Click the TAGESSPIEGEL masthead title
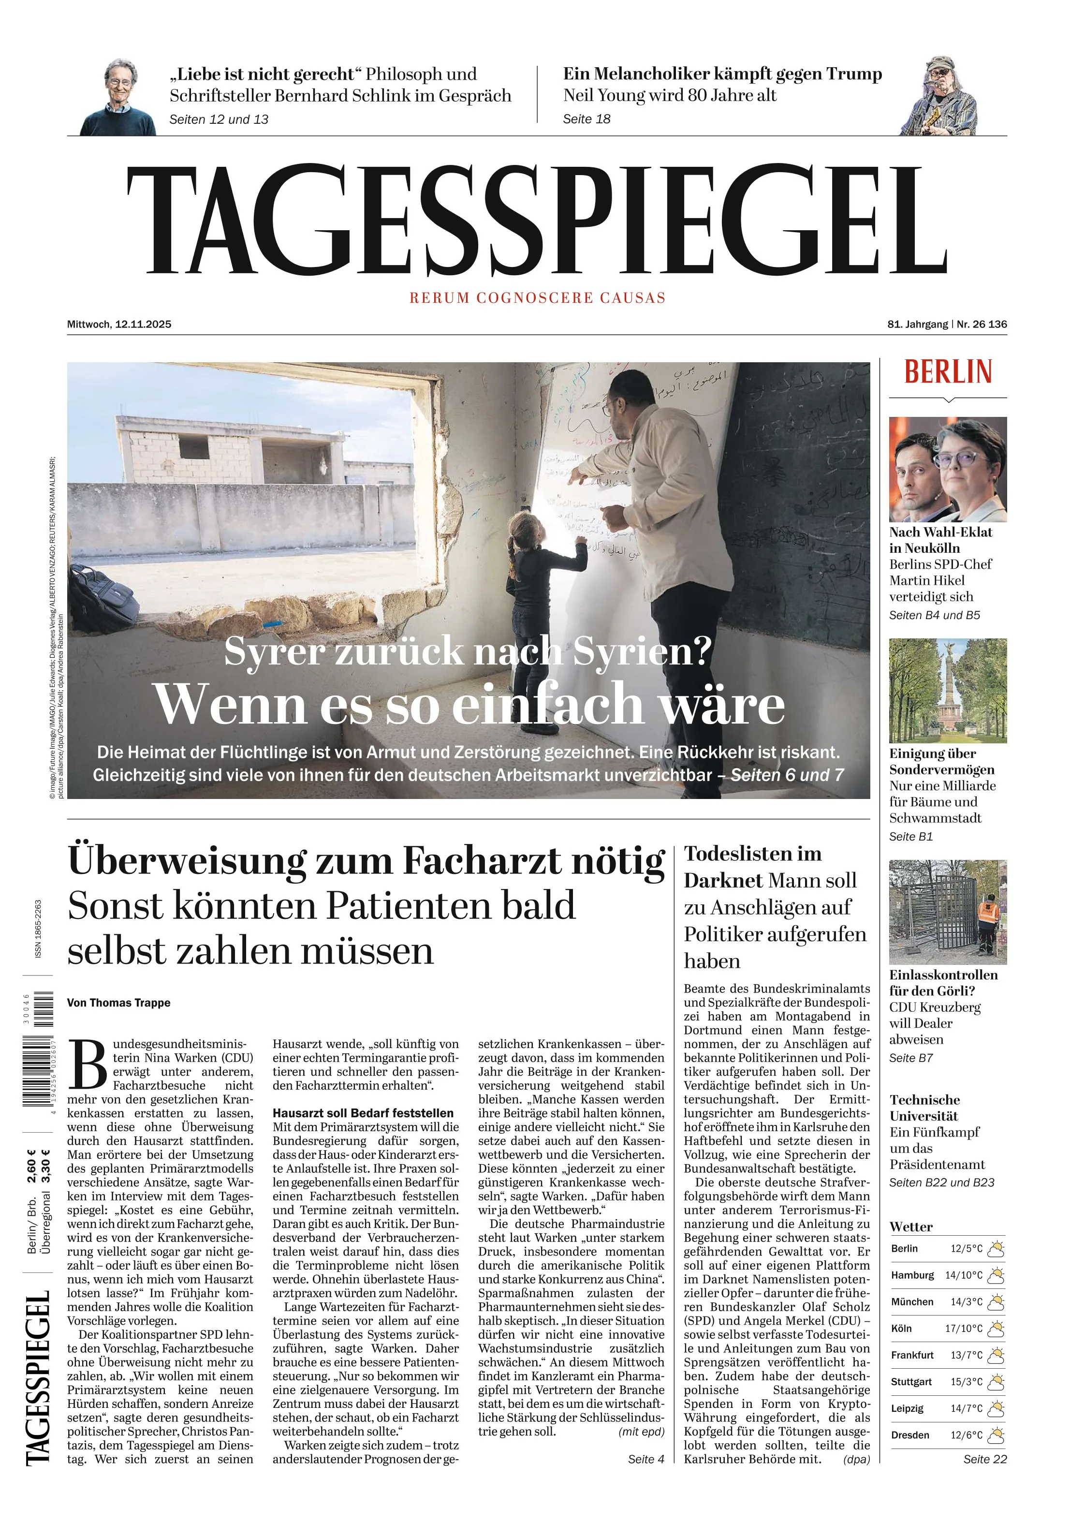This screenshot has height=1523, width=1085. click(537, 221)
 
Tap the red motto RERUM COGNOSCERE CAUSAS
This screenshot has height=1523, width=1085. click(537, 298)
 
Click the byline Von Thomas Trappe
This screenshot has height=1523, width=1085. click(119, 1003)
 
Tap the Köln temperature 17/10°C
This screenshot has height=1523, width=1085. click(964, 1329)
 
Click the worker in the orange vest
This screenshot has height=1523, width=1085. click(986, 921)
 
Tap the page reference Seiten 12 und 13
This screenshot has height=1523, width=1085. click(219, 119)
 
